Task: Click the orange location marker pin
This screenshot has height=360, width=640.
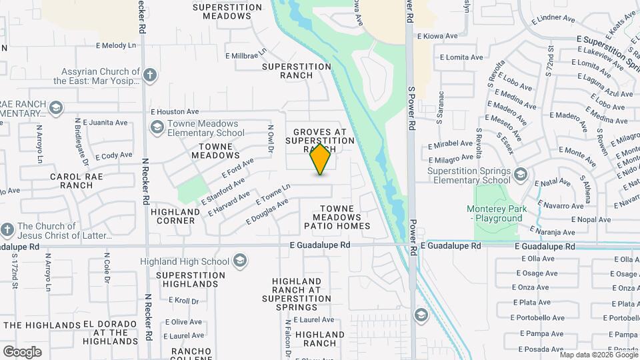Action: tap(321, 159)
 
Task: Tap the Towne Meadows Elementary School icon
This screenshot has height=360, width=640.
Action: tap(157, 127)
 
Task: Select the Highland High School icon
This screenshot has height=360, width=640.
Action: tap(240, 261)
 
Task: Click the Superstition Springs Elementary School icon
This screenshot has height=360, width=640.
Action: tap(520, 175)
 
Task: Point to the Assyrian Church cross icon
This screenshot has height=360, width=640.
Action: tap(151, 75)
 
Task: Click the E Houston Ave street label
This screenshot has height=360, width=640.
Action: tap(175, 112)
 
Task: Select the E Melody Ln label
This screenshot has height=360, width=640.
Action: tap(120, 45)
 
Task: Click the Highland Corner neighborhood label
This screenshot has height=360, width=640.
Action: tap(175, 216)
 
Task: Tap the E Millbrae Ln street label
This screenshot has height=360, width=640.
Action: tap(246, 54)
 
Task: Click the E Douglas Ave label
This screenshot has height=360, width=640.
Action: tap(267, 210)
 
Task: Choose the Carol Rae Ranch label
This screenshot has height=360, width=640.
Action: tap(71, 181)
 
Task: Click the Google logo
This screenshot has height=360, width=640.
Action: tap(22, 351)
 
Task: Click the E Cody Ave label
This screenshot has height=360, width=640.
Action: tap(114, 155)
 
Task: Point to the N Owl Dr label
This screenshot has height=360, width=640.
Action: tap(271, 138)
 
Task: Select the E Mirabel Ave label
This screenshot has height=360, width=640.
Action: tap(450, 144)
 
